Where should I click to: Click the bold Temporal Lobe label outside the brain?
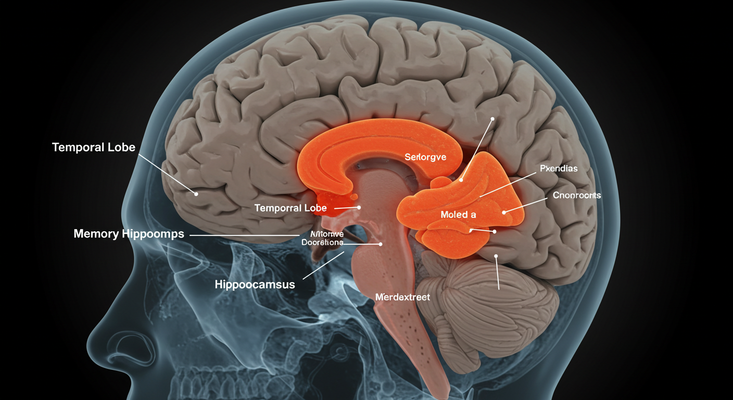coord(94,147)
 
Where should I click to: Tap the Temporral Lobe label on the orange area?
coord(290,208)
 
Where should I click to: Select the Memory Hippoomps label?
coord(129,234)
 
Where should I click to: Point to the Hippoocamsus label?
coord(255,284)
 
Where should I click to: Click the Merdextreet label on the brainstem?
coord(402,297)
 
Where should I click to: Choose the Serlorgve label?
coord(425,157)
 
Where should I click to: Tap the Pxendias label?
coord(559,169)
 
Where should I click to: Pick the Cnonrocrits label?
coord(577,196)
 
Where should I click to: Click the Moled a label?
coord(458,214)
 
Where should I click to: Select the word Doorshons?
coord(322,242)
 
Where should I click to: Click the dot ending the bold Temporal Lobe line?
coord(196,194)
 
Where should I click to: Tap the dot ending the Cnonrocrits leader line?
coord(504,213)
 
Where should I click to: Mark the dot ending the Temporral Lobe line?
coord(359,207)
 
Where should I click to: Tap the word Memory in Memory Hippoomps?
coord(96,234)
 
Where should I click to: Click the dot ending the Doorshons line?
coord(381,244)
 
